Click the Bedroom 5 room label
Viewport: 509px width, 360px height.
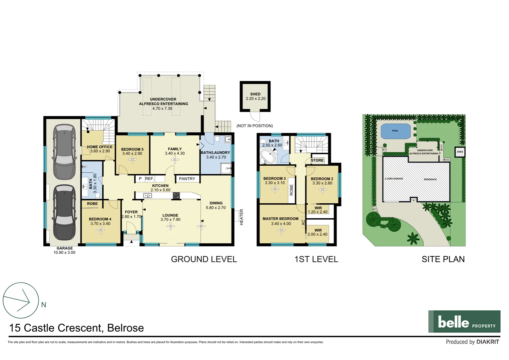click(132, 149)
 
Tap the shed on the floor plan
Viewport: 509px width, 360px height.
click(255, 97)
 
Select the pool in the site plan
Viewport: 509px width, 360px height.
click(395, 131)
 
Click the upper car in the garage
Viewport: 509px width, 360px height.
click(64, 152)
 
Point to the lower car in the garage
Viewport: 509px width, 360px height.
click(64, 212)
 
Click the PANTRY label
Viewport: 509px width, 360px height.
click(187, 179)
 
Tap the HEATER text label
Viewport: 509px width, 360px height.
click(242, 217)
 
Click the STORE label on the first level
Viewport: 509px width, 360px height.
click(317, 160)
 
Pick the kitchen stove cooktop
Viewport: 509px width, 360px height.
click(176, 196)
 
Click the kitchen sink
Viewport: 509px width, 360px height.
click(147, 196)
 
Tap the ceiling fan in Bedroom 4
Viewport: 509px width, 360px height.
click(101, 230)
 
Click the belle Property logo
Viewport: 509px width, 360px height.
click(464, 322)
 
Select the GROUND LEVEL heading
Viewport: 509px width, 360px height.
click(204, 259)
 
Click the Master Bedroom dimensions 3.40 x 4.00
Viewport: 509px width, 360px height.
click(281, 224)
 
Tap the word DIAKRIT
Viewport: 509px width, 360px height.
click(488, 342)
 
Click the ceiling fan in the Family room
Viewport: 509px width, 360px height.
click(175, 160)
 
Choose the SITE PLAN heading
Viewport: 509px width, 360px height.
click(443, 259)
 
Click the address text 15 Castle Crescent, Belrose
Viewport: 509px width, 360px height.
click(77, 328)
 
